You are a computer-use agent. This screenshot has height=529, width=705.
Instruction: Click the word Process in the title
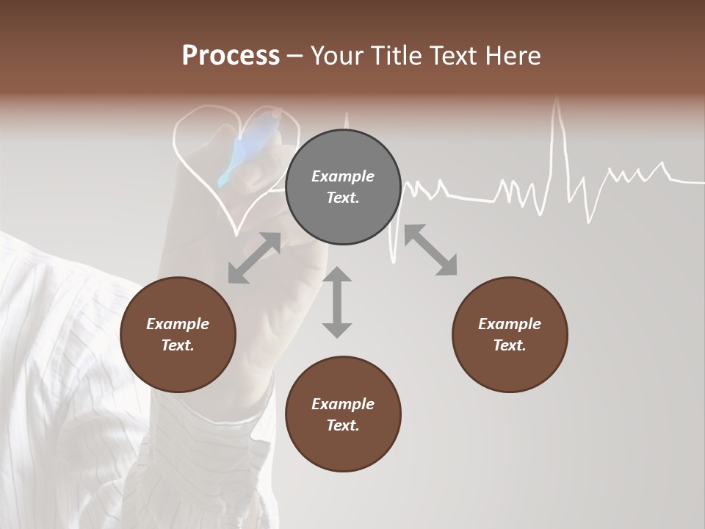[x=231, y=57]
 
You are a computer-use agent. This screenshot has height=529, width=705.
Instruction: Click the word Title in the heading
[x=397, y=57]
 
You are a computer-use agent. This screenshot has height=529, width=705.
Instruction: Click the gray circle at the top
[x=343, y=187]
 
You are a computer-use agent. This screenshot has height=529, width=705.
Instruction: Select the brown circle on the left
[x=178, y=334]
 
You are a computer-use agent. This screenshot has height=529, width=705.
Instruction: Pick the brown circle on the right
[x=510, y=334]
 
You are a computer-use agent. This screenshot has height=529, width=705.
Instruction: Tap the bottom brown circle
[x=343, y=414]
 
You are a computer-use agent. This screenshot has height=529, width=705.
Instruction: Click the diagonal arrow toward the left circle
[x=254, y=258]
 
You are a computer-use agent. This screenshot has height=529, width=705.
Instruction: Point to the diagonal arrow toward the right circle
[x=430, y=251]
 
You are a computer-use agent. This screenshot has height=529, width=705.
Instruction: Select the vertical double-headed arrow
[x=337, y=302]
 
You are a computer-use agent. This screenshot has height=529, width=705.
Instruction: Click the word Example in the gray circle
[x=343, y=176]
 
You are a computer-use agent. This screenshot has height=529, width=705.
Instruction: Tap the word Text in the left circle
[x=178, y=345]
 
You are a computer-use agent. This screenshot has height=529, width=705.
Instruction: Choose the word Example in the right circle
[x=510, y=324]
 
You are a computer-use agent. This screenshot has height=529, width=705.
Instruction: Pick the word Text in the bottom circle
[x=343, y=425]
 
